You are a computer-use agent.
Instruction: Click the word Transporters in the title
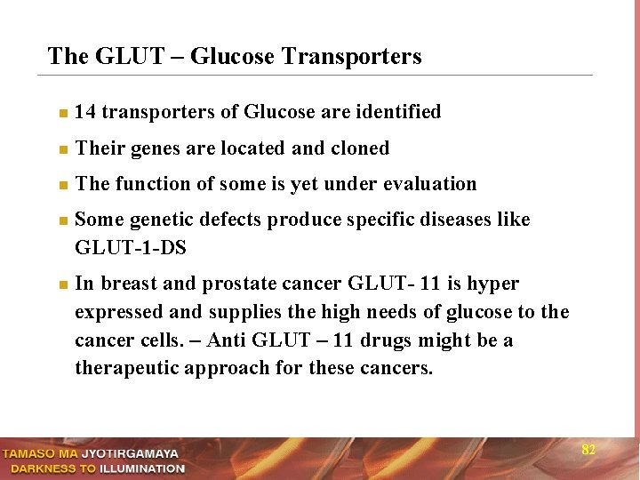pos(350,57)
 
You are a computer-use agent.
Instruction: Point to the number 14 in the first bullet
pos(86,112)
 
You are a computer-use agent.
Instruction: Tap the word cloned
pos(360,148)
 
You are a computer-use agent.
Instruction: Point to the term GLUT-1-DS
pos(131,248)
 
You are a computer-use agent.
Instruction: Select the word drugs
pos(384,340)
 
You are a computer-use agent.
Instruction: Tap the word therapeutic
pos(126,369)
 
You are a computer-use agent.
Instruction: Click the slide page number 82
pos(588,450)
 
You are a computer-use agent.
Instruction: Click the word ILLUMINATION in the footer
pos(141,468)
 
